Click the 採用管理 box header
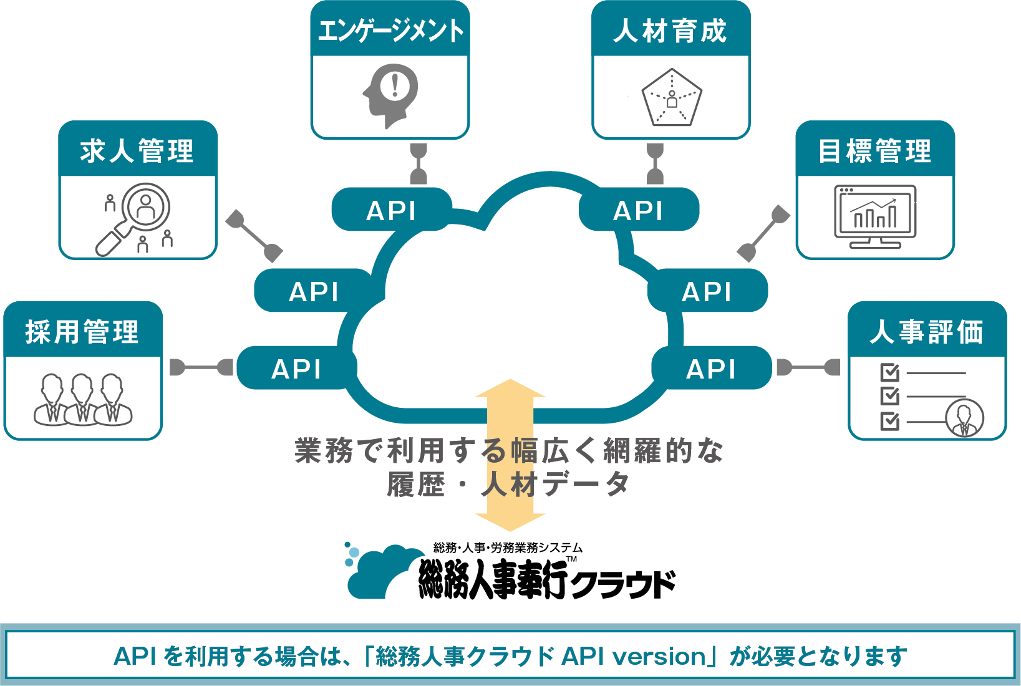click(82, 331)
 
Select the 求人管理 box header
click(137, 151)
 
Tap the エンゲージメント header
click(390, 30)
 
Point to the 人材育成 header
click(670, 30)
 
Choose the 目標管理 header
click(875, 151)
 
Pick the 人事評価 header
click(927, 331)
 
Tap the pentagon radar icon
click(672, 97)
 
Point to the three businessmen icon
click(82, 399)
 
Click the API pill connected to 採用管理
click(296, 369)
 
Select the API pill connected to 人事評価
click(711, 369)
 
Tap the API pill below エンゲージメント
click(391, 210)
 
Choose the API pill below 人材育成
click(638, 210)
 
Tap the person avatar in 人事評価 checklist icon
click(964, 418)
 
